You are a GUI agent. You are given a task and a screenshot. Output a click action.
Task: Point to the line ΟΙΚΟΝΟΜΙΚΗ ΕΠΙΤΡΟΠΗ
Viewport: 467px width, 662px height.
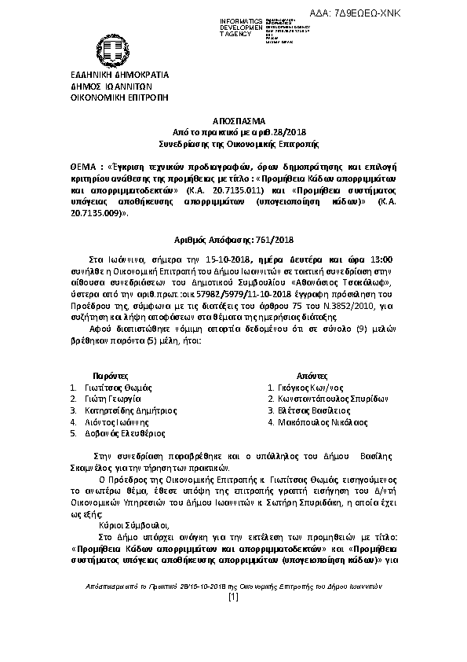(x=108, y=99)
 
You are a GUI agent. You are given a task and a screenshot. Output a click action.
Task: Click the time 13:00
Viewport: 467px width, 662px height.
(x=385, y=258)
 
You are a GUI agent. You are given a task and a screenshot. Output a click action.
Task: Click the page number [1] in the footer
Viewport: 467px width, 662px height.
(x=233, y=597)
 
